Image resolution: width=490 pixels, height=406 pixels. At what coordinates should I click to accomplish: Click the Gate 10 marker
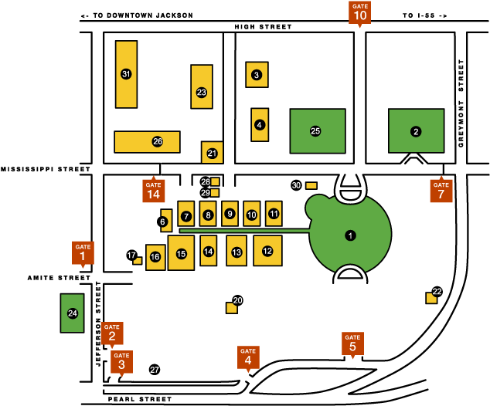(360, 13)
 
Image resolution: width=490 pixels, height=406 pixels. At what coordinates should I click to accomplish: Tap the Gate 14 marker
(153, 190)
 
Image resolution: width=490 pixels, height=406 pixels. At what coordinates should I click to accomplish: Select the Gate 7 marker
(441, 189)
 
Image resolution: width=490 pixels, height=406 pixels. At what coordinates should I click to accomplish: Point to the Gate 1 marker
(83, 252)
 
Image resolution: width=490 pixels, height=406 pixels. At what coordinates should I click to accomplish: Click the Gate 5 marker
(352, 343)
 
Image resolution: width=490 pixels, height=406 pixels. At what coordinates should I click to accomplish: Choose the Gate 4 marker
(248, 356)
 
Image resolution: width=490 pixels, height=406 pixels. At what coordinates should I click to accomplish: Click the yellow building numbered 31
(126, 74)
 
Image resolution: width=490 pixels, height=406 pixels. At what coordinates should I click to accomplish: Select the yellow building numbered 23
(202, 93)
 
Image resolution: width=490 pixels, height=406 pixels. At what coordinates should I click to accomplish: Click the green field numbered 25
(316, 131)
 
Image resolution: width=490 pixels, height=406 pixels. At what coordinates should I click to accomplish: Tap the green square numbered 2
(416, 131)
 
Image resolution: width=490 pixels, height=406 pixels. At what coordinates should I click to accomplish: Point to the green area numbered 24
(73, 313)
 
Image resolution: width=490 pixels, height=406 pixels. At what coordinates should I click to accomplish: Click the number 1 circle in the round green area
(350, 235)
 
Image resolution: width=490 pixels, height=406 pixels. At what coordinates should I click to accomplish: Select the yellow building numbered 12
(267, 251)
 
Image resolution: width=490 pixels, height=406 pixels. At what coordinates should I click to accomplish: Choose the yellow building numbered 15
(181, 253)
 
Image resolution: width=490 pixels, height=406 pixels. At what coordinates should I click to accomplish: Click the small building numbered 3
(257, 74)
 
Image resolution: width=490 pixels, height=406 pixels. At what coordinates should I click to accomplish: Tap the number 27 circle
(155, 370)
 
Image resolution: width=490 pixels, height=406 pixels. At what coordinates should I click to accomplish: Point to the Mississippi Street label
(46, 168)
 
